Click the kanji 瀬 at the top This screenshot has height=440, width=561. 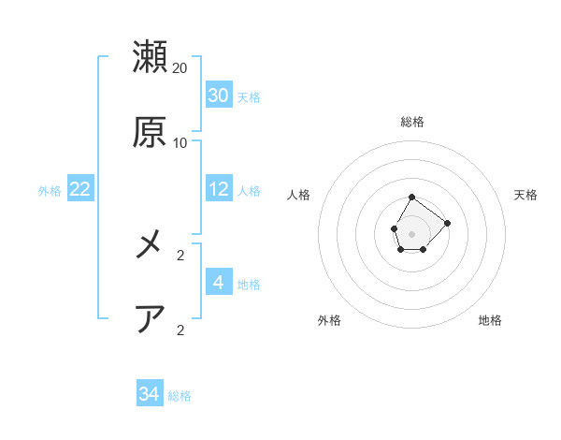click(x=151, y=57)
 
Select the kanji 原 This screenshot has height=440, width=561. click(x=151, y=132)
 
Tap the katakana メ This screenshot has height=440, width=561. click(x=151, y=244)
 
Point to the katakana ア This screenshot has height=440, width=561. click(x=151, y=319)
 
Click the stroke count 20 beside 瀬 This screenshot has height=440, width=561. click(x=180, y=68)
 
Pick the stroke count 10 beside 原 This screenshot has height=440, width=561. click(x=180, y=143)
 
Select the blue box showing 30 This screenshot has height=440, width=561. click(x=219, y=95)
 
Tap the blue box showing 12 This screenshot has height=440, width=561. click(x=219, y=189)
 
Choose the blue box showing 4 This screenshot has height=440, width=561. click(x=219, y=283)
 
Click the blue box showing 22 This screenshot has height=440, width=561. click(x=80, y=189)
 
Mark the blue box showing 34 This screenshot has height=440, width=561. click(x=150, y=394)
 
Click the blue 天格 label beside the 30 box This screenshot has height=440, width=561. click(x=249, y=97)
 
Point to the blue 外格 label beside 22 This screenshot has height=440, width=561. click(x=50, y=191)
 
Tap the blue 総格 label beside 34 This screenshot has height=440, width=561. click(x=180, y=396)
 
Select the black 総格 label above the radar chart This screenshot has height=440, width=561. click(x=412, y=122)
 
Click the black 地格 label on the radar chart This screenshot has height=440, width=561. click(x=490, y=320)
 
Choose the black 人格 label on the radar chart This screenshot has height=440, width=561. click(x=299, y=195)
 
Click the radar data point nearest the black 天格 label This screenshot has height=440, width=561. click(x=447, y=223)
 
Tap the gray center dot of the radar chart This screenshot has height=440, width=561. click(x=411, y=232)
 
